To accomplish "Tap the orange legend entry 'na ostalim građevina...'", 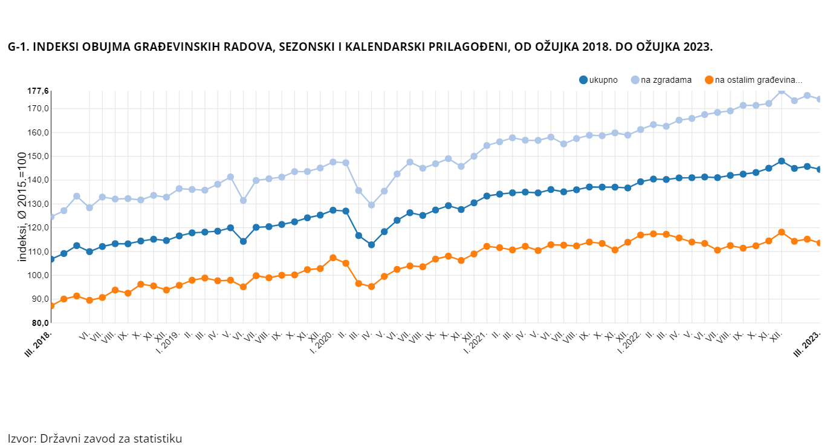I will tap(753, 80).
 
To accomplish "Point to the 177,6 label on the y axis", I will tap(37, 91).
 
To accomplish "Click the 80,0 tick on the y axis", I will tap(37, 323).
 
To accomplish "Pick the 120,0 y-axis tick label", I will tap(37, 228).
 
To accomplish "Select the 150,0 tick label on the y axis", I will tap(37, 157).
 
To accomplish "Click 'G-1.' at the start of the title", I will tap(18, 47).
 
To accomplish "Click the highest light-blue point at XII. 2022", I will tap(782, 91).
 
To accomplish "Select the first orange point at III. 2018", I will tap(51, 306).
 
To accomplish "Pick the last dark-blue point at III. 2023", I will tap(820, 169).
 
